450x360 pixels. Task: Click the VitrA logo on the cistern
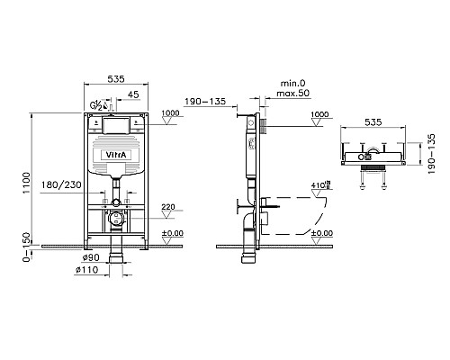(x=116, y=155)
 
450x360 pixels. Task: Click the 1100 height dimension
(x=27, y=183)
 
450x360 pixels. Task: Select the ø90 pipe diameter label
(x=91, y=257)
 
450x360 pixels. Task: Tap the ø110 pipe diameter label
(x=86, y=270)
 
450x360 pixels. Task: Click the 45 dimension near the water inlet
(x=133, y=94)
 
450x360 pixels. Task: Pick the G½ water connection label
(x=96, y=105)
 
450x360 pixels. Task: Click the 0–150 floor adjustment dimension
(x=27, y=247)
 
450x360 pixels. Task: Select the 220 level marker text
(x=168, y=207)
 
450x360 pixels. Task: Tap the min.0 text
(x=292, y=84)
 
